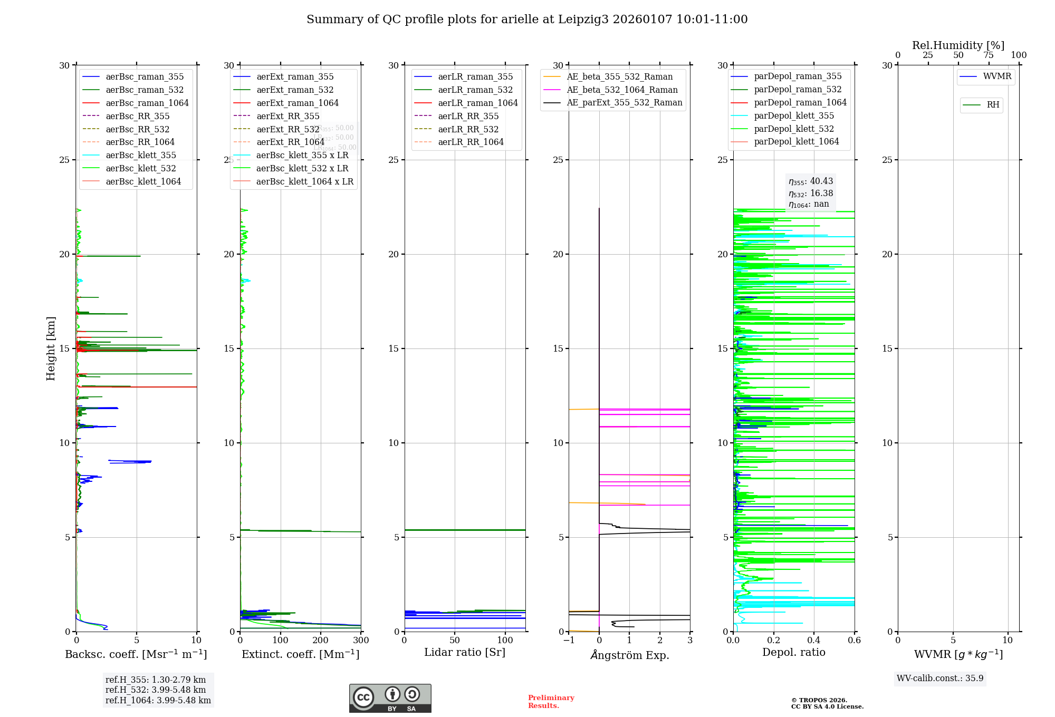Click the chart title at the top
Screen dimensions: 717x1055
click(x=527, y=20)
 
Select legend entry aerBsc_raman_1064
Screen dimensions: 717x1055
click(x=147, y=103)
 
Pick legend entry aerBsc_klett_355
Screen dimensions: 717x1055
click(x=140, y=156)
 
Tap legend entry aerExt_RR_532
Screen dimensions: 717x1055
click(x=287, y=130)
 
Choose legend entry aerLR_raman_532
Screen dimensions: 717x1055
click(x=475, y=90)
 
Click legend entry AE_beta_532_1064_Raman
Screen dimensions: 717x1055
click(x=622, y=90)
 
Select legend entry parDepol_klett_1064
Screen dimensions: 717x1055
click(x=796, y=142)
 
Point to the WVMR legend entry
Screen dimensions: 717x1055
click(x=996, y=76)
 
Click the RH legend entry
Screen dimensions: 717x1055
click(x=992, y=105)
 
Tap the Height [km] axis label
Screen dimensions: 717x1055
click(x=51, y=348)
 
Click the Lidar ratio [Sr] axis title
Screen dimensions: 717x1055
click(x=464, y=653)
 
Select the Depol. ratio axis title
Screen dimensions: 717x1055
click(x=793, y=653)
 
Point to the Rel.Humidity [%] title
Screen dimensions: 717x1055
click(x=958, y=45)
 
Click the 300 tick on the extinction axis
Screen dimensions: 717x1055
click(x=361, y=641)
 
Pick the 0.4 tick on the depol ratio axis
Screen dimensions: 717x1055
click(x=814, y=641)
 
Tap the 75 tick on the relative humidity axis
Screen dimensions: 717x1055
click(x=989, y=55)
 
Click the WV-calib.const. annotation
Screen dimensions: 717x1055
click(x=940, y=679)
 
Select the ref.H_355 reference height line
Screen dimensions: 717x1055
click(x=156, y=680)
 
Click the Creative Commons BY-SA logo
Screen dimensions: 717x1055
click(x=390, y=699)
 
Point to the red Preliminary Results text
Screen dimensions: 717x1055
click(x=551, y=702)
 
